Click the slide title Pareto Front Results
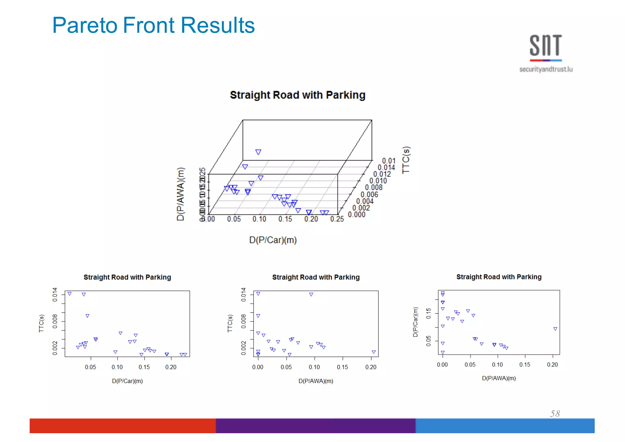[x=154, y=25]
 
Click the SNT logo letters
[x=546, y=46]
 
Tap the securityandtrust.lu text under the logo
[x=546, y=69]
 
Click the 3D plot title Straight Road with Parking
[x=298, y=95]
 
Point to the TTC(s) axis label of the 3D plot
[x=406, y=160]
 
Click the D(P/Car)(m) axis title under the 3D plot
[x=273, y=240]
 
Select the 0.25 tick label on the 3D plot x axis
[x=337, y=219]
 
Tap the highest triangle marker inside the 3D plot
[x=258, y=152]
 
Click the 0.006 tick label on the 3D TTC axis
[x=369, y=195]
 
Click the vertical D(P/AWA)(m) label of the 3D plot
[x=181, y=194]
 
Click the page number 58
[x=555, y=414]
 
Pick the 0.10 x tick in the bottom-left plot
[x=117, y=367]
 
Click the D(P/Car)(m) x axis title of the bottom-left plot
[x=127, y=381]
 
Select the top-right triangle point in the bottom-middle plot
[x=311, y=294]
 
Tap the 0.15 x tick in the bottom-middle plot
[x=342, y=367]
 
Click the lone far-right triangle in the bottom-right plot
[x=555, y=329]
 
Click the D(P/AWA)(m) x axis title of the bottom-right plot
[x=499, y=378]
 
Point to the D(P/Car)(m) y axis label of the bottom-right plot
[x=415, y=322]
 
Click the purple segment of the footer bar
[x=316, y=426]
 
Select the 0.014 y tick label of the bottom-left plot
[x=55, y=294]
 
